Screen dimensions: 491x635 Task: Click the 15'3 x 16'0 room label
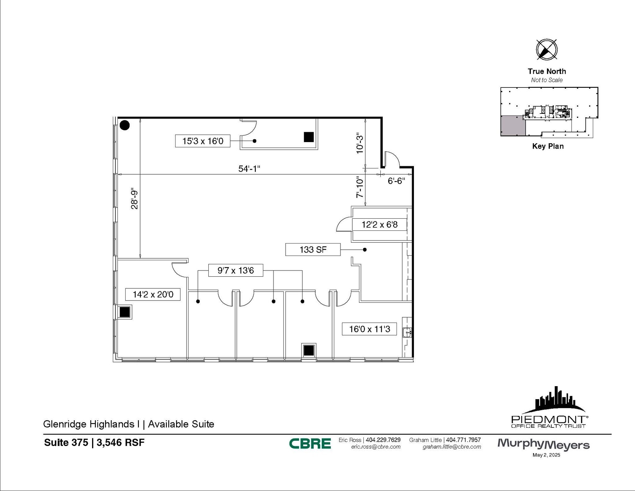[202, 141]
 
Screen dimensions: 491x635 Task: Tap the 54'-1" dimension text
[249, 169]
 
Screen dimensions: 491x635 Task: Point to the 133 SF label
[313, 250]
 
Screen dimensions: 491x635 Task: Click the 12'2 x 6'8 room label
[379, 224]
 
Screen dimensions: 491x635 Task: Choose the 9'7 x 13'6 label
[236, 270]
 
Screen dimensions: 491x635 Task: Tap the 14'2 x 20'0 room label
[153, 294]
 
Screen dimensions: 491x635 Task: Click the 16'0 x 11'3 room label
[369, 329]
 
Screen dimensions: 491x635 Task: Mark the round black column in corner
[125, 125]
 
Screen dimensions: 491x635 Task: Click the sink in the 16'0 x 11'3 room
[407, 333]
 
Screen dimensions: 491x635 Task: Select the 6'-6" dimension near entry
[396, 181]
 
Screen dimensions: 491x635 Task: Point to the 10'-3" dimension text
[359, 143]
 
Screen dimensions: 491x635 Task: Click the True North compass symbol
[547, 50]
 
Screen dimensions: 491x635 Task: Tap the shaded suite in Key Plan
[513, 126]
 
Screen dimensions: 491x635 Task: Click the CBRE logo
[310, 444]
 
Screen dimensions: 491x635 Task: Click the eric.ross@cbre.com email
[375, 447]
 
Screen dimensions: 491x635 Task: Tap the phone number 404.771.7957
[463, 440]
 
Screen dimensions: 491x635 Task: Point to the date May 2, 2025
[546, 455]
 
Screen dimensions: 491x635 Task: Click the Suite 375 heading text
[66, 442]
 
